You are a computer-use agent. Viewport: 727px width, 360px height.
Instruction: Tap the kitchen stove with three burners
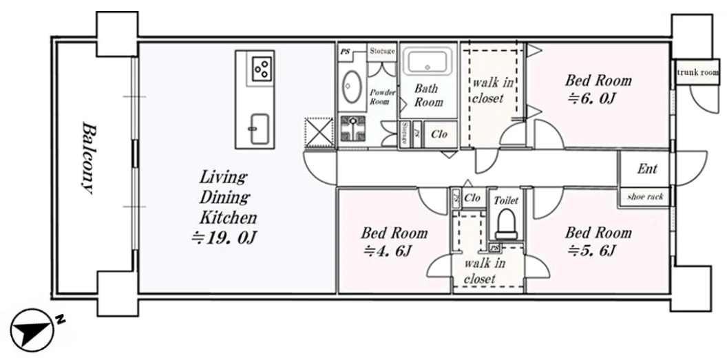260,67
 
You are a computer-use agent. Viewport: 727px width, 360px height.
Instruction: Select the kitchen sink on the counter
259,128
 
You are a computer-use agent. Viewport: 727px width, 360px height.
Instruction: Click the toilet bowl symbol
506,224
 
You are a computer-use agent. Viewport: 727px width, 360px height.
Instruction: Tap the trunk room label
698,72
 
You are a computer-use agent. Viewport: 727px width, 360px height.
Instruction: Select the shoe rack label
645,197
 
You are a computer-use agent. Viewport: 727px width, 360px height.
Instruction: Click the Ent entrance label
646,169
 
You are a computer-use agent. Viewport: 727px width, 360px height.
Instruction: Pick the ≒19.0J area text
224,237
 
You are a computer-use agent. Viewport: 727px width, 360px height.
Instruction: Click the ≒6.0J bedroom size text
591,98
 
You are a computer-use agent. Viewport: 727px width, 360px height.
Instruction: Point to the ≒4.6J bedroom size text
388,251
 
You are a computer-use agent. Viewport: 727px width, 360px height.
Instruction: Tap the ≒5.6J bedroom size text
591,251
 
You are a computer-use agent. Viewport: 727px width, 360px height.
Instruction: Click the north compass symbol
32,330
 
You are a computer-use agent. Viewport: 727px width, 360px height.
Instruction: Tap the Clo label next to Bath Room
439,134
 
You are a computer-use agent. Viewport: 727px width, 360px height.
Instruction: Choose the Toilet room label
506,200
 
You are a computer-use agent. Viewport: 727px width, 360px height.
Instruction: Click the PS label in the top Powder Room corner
345,52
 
